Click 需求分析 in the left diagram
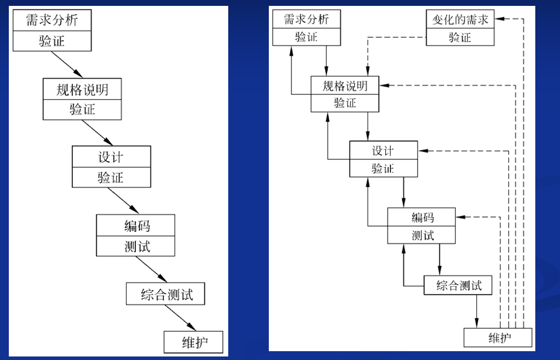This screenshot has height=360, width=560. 51,21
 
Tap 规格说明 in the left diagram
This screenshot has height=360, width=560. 82,89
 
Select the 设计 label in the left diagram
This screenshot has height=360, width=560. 111,157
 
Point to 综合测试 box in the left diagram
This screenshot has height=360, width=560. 166,294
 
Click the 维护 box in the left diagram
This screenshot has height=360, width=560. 194,341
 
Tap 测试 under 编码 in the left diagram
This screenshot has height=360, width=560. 136,246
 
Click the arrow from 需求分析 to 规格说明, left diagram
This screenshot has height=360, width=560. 70,65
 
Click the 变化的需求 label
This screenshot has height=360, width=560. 460,19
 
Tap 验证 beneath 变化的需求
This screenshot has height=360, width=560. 460,37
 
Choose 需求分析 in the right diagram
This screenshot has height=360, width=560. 306,19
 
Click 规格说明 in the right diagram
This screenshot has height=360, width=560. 345,86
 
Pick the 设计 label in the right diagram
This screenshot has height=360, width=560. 383,151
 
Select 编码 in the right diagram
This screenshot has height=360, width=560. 422,217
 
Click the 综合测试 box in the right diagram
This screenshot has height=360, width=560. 458,286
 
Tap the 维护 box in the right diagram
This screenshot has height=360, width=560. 498,338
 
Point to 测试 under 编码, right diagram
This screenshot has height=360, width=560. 422,235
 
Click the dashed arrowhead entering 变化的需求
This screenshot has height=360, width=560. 499,19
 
